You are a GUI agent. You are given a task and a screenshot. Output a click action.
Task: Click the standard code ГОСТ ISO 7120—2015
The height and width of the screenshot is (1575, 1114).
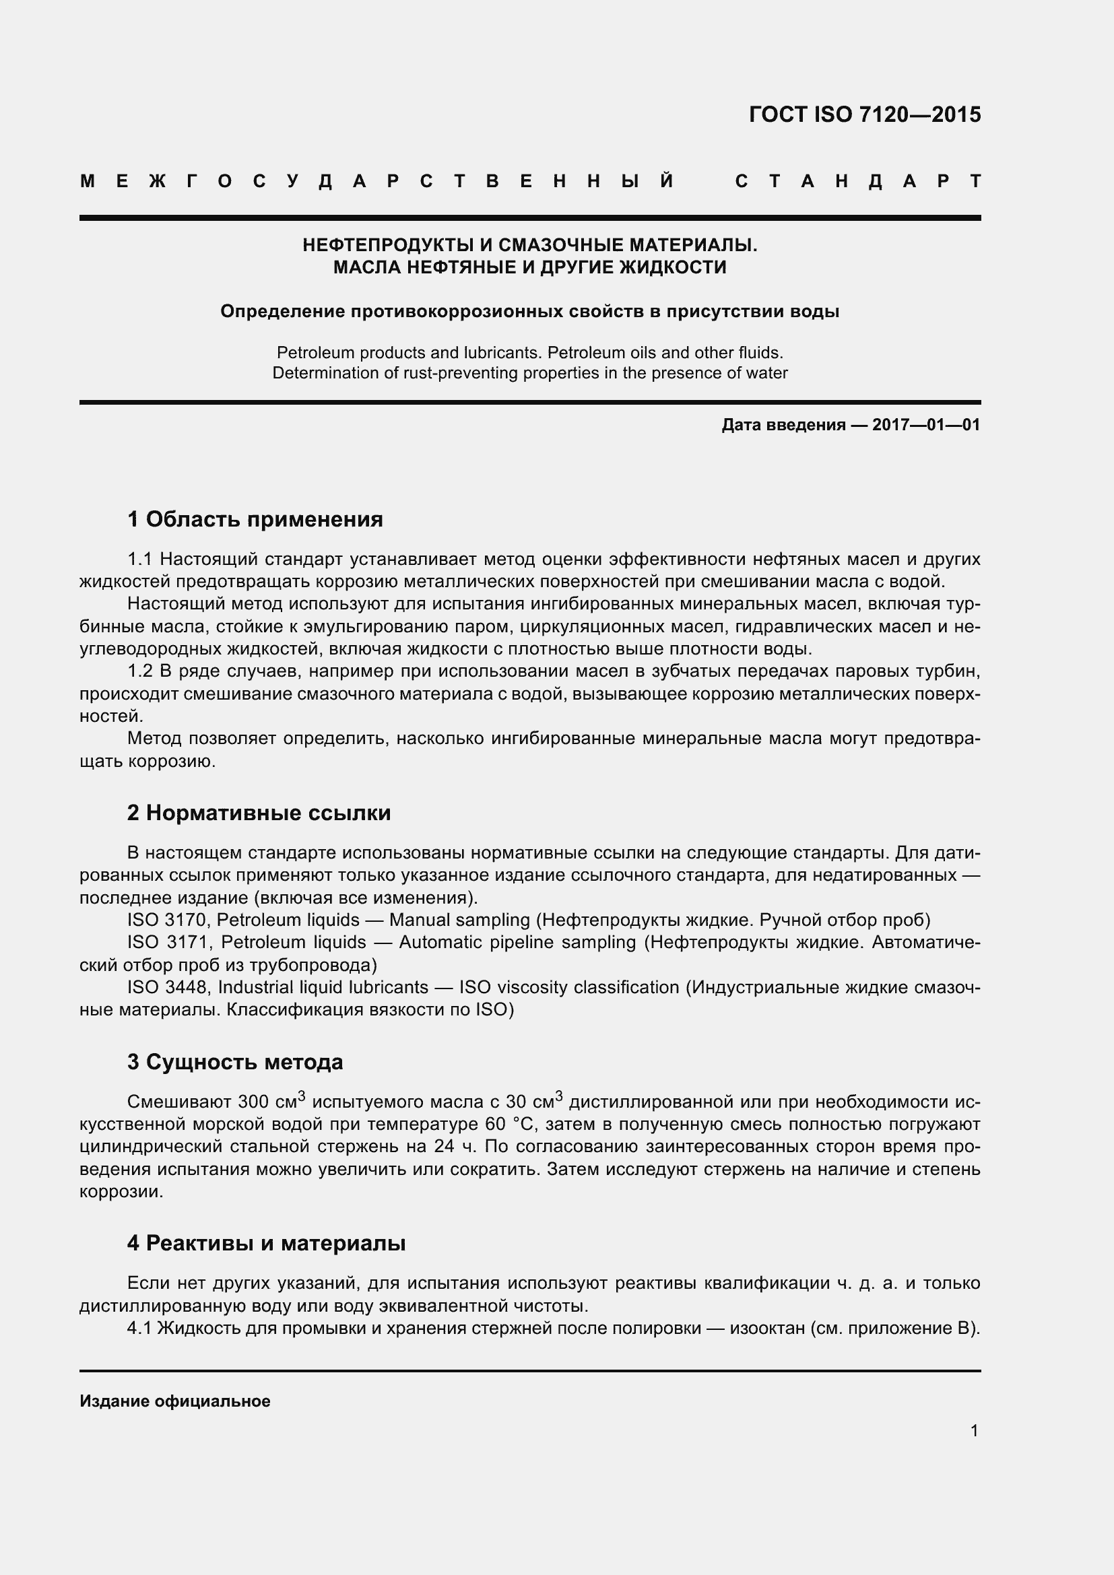[x=864, y=114]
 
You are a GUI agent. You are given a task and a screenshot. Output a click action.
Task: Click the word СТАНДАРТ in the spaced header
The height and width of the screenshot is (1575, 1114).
[x=857, y=182]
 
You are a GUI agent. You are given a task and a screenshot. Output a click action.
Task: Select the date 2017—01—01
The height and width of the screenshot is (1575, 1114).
[x=925, y=426]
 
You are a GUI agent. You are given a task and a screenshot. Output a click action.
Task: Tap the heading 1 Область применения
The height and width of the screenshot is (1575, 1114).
[x=255, y=519]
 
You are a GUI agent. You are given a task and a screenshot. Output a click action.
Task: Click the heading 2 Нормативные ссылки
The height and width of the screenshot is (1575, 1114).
[x=259, y=813]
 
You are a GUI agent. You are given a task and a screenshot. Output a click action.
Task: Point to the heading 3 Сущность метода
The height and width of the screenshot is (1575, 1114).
[x=234, y=1062]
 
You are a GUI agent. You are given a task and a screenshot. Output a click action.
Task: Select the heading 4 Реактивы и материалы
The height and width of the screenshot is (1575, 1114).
[x=266, y=1243]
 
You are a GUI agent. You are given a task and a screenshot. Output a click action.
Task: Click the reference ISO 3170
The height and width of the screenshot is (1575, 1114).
[x=166, y=920]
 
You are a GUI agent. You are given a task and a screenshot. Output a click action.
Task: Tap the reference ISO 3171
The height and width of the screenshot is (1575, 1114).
[x=169, y=943]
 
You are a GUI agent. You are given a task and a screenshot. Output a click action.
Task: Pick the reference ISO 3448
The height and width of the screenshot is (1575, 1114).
[x=169, y=988]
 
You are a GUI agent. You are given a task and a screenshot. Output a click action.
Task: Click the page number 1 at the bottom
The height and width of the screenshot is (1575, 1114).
[x=974, y=1431]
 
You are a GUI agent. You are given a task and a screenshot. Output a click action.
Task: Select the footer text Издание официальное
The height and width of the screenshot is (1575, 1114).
[x=175, y=1401]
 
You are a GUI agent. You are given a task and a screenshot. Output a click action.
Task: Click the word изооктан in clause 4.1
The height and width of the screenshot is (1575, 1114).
[x=766, y=1329]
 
